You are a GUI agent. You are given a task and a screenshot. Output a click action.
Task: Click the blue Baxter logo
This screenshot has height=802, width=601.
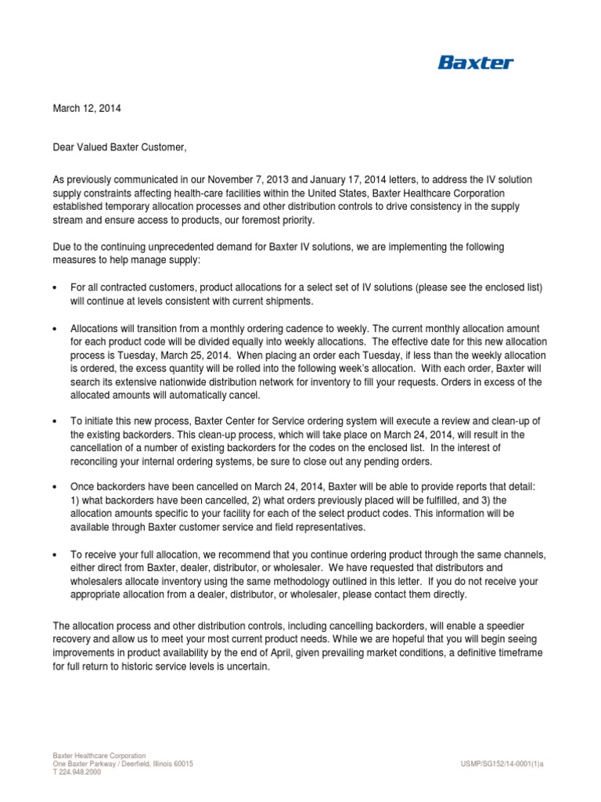click(475, 63)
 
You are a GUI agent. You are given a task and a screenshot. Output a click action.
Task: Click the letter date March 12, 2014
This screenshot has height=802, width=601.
click(87, 109)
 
